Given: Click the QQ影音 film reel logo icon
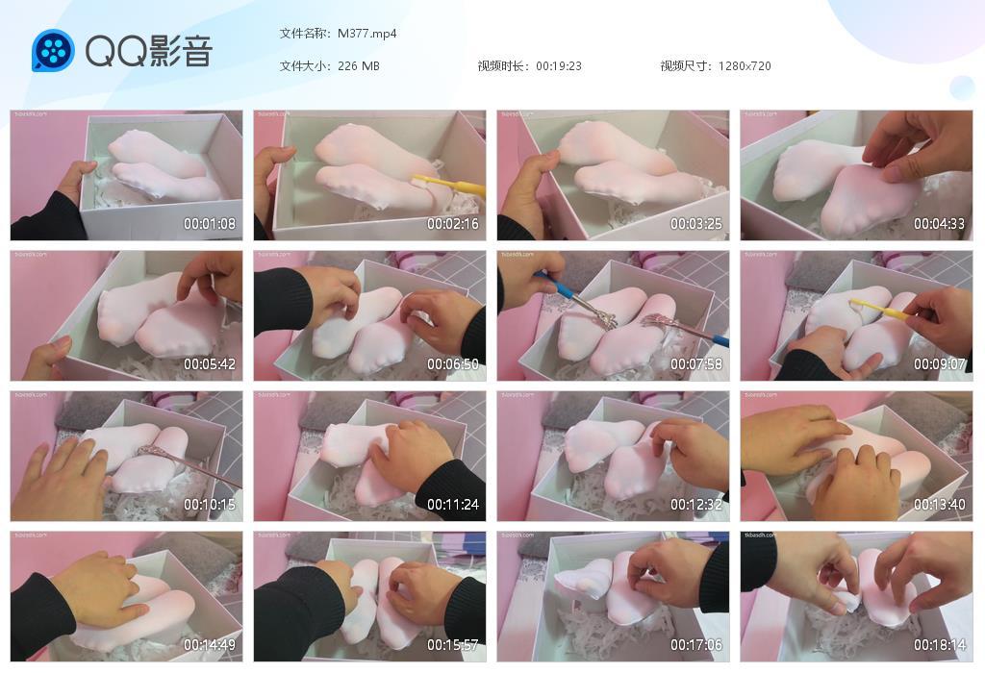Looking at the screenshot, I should click(x=53, y=50).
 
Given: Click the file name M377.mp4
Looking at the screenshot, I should click(x=367, y=34).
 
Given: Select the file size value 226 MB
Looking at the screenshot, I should click(x=359, y=66).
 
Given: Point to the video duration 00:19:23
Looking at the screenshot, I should click(x=559, y=66).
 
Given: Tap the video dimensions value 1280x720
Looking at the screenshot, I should click(x=745, y=66).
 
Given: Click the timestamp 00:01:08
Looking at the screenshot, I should click(x=210, y=224).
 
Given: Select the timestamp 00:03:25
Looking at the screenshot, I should click(x=696, y=224).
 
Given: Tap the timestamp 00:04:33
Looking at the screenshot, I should click(x=939, y=224).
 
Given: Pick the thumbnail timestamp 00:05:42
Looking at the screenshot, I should click(x=210, y=364).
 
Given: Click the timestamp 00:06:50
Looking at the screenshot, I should click(x=453, y=364).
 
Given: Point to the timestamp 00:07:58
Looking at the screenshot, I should click(x=696, y=364).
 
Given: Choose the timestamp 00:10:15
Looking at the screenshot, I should click(x=210, y=505).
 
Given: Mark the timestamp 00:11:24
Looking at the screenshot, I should click(x=453, y=505).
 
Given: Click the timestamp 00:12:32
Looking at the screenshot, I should click(x=696, y=505).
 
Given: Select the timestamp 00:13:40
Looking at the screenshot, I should click(x=939, y=505).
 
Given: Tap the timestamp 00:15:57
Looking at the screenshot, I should click(x=453, y=645).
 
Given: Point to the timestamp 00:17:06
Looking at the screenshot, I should click(x=696, y=645).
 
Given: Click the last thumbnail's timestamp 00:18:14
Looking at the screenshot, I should click(x=939, y=645).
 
